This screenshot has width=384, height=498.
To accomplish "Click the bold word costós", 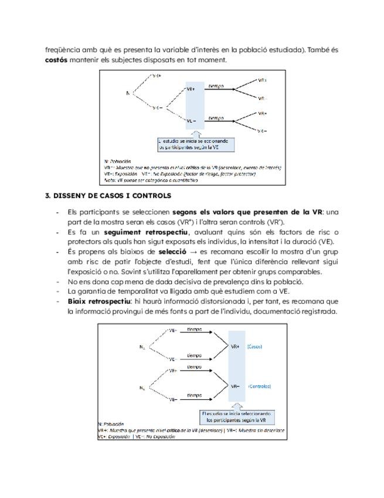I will [57, 60].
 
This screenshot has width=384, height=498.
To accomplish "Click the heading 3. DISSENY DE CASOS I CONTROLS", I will [108, 196].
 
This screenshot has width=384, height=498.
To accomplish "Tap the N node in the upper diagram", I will [127, 93].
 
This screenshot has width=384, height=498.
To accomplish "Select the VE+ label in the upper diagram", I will [191, 89].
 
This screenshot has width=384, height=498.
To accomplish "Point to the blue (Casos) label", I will [256, 346].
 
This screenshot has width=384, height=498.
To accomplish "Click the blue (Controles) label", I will [259, 386].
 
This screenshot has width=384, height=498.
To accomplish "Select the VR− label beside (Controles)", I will [236, 386].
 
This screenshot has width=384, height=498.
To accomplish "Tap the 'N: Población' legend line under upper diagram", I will [118, 161].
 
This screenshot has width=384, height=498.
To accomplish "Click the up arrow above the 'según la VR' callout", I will [237, 405].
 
